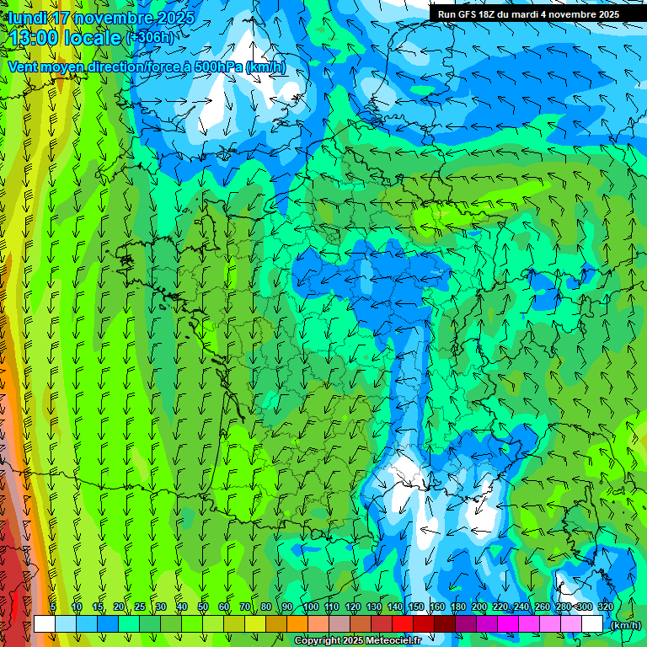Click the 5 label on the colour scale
tap(53, 607)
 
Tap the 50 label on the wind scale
tap(203, 607)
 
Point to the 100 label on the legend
tap(311, 607)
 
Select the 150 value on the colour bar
tap(416, 607)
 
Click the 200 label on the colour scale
tap(479, 607)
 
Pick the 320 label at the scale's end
tap(605, 607)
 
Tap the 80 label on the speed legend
tap(266, 607)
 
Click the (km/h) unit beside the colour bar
tap(625, 625)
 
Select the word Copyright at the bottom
tap(317, 641)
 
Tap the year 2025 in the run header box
tap(605, 14)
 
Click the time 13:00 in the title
tap(32, 38)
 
